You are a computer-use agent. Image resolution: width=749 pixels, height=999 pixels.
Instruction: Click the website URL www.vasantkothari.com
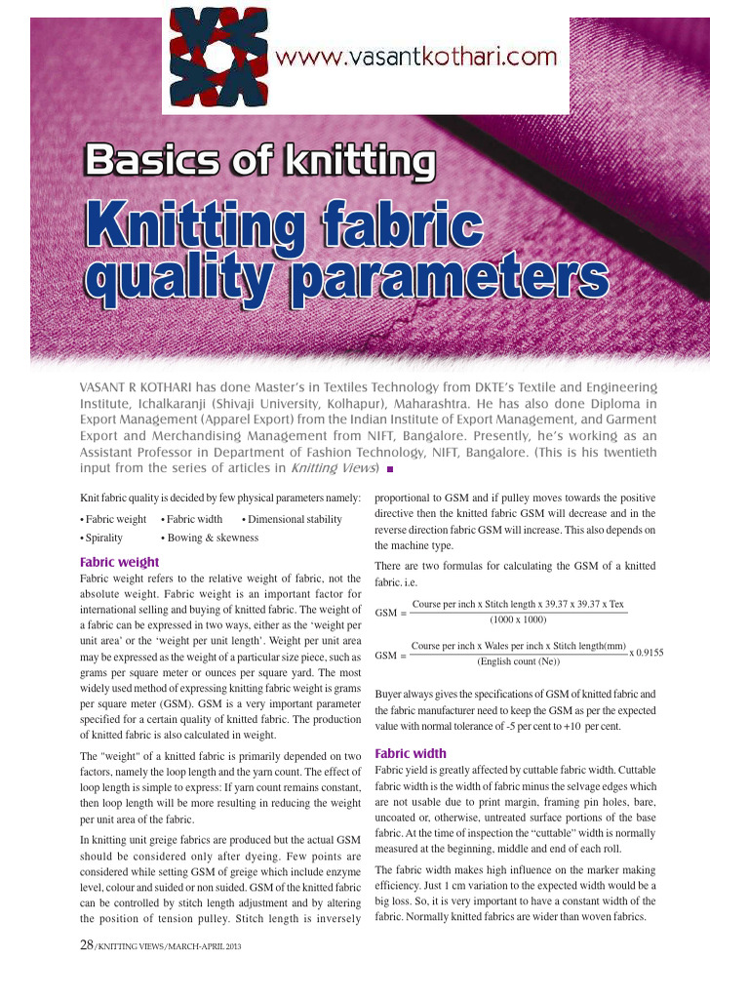(417, 58)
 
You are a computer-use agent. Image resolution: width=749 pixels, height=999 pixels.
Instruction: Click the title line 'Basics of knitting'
(259, 160)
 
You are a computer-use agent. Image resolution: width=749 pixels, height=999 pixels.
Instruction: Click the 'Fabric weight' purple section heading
(119, 562)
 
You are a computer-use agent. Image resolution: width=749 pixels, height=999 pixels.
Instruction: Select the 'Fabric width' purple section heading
(411, 753)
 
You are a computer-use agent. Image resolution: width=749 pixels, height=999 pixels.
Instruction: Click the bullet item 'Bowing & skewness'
(210, 538)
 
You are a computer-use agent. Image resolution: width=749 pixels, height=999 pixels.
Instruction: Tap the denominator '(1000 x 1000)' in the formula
(517, 619)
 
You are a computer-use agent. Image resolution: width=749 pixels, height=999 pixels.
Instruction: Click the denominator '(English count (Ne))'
(518, 661)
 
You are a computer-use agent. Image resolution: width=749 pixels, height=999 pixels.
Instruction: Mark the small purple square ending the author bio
(390, 469)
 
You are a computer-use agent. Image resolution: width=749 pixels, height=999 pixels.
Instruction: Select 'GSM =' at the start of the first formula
(390, 612)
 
